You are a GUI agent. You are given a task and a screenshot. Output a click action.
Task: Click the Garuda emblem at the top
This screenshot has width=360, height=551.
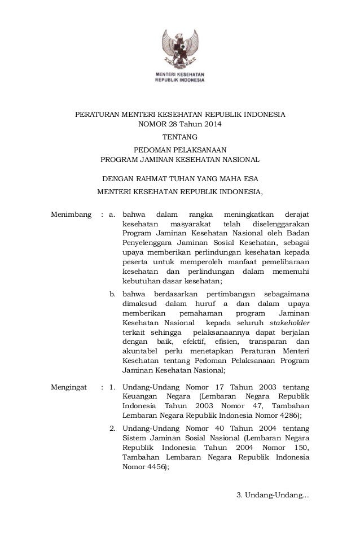click(180, 48)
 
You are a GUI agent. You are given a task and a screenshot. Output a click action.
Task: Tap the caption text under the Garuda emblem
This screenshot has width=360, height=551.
click(180, 77)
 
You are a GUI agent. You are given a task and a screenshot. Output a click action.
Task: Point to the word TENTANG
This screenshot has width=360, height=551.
click(180, 137)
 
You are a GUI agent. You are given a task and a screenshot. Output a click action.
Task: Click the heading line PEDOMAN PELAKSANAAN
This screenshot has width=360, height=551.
click(180, 150)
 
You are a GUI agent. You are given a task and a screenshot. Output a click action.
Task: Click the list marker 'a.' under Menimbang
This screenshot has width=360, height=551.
click(112, 215)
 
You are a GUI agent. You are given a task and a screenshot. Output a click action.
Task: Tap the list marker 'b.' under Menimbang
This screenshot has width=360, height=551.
click(112, 294)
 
